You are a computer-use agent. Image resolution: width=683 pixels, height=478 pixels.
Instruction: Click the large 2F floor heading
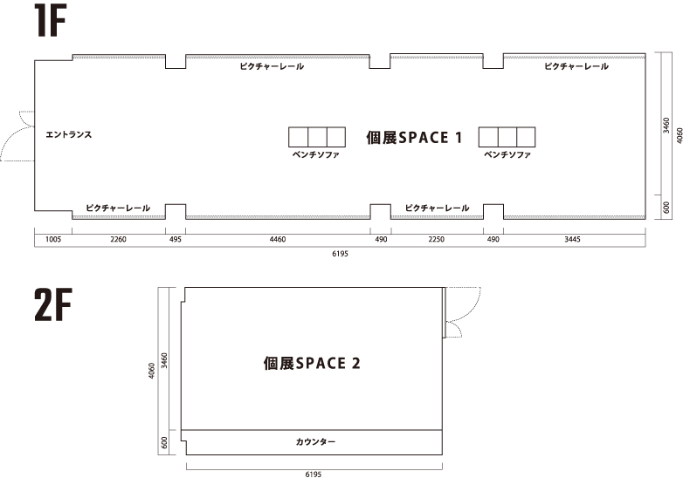click(x=53, y=307)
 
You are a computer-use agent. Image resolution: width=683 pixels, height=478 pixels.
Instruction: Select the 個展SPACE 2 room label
click(x=311, y=363)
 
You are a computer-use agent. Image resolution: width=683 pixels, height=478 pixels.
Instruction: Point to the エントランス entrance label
click(x=69, y=135)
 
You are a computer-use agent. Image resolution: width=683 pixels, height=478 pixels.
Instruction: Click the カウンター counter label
click(x=315, y=442)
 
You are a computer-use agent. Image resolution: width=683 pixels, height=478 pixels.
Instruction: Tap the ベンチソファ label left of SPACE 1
click(x=315, y=154)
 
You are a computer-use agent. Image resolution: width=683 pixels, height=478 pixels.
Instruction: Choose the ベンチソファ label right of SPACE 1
click(x=507, y=154)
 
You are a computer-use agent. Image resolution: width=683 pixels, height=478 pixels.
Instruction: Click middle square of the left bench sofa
click(x=315, y=137)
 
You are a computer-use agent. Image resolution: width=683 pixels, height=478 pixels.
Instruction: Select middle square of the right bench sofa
click(x=507, y=137)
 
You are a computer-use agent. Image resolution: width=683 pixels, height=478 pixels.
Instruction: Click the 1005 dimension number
click(x=52, y=238)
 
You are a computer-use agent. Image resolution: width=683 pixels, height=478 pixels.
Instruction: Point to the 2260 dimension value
click(x=118, y=238)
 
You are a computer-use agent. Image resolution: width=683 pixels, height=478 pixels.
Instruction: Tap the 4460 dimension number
click(x=277, y=238)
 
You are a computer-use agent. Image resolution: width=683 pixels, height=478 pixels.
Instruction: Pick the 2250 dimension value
click(x=436, y=238)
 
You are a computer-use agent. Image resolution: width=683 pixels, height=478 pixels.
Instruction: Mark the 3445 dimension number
click(x=573, y=238)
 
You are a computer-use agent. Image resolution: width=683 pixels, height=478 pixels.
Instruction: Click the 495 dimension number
click(x=176, y=238)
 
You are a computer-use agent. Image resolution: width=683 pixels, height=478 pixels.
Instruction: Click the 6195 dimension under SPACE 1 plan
click(x=340, y=253)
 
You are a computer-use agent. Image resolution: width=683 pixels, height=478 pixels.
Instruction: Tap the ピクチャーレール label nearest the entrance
click(x=118, y=208)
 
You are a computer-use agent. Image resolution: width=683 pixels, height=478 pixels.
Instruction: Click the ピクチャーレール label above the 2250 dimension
click(x=437, y=208)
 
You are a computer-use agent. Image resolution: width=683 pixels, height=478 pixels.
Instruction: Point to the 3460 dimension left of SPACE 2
click(x=165, y=358)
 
